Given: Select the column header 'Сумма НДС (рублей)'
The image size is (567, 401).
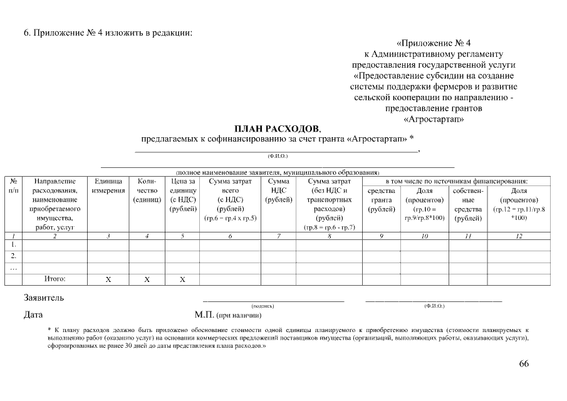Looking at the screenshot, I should pos(278,190).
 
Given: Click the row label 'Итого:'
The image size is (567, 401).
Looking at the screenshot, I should pos(55,278).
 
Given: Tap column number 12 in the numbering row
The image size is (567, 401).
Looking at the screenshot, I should pos(519,236).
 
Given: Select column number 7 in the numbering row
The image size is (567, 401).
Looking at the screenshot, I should pos(278,236).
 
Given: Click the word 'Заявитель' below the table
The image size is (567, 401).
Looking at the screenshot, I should pos(43,298).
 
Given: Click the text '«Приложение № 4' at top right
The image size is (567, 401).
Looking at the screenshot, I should pos(434,43).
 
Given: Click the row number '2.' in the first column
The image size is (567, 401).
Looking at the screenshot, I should pos(13,256).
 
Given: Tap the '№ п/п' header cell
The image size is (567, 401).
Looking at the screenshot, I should pos(13,186).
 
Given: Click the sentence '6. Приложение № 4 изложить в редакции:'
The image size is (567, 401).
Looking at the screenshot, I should pos(107,33).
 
